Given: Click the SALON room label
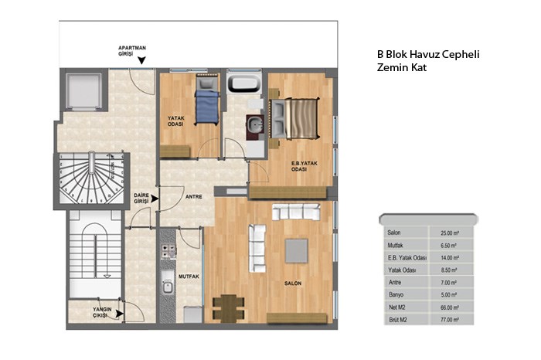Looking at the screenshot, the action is [293, 283].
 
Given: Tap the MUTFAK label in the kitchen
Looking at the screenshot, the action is [189, 277].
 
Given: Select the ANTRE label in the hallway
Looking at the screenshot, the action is [194, 196].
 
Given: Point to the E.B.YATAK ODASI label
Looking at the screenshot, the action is [304, 166].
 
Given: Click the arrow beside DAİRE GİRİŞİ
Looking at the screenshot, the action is [155, 199].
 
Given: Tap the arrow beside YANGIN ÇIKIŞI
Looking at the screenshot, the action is [119, 314].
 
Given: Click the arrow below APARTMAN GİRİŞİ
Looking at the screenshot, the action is [141, 60].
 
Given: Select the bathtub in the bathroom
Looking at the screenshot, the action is [243, 83].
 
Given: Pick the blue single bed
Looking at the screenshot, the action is [207, 103].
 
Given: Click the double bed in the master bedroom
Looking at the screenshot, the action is [294, 119].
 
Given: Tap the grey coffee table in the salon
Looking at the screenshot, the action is [296, 251].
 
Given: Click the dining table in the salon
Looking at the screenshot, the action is [229, 308].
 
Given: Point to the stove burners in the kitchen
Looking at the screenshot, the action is [168, 251].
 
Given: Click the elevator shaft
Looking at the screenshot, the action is [83, 90].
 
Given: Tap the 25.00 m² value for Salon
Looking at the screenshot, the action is [450, 233].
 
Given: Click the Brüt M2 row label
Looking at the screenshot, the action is [398, 320].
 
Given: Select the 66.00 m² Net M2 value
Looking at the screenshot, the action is [450, 307].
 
